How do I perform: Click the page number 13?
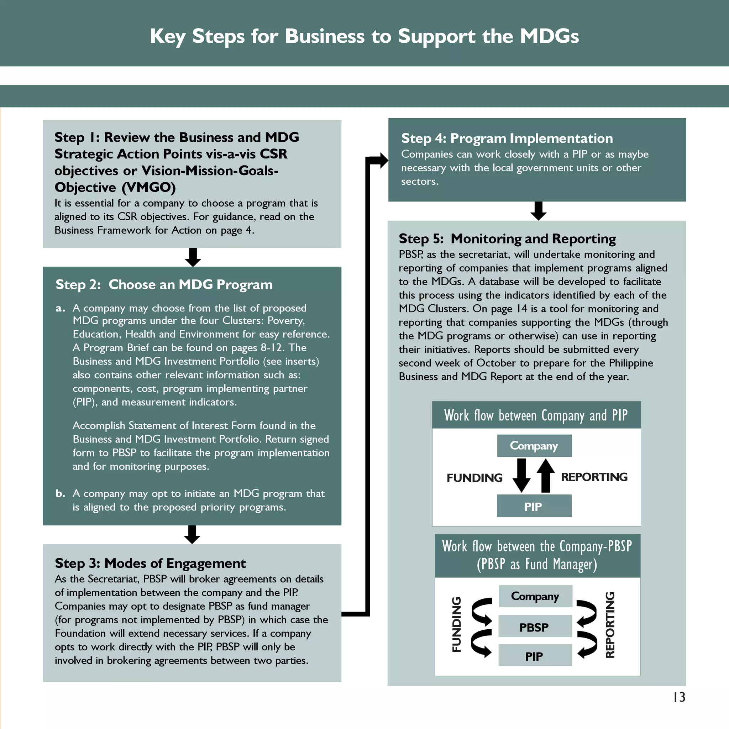click(x=679, y=697)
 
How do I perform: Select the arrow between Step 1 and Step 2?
click(x=193, y=257)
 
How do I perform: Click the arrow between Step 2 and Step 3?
click(x=192, y=534)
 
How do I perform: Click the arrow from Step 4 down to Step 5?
click(x=539, y=211)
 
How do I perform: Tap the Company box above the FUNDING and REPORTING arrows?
click(x=534, y=446)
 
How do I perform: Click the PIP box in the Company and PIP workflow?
click(x=534, y=507)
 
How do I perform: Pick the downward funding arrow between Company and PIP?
click(x=521, y=476)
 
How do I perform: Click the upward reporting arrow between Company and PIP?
click(x=546, y=476)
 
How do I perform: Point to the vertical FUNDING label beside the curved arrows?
click(x=457, y=624)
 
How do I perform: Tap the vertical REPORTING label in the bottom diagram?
click(x=610, y=625)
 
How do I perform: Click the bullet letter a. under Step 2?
click(x=61, y=308)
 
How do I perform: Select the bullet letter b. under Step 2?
click(x=61, y=494)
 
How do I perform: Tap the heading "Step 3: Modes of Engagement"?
click(x=150, y=563)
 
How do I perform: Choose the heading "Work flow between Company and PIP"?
click(x=536, y=415)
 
